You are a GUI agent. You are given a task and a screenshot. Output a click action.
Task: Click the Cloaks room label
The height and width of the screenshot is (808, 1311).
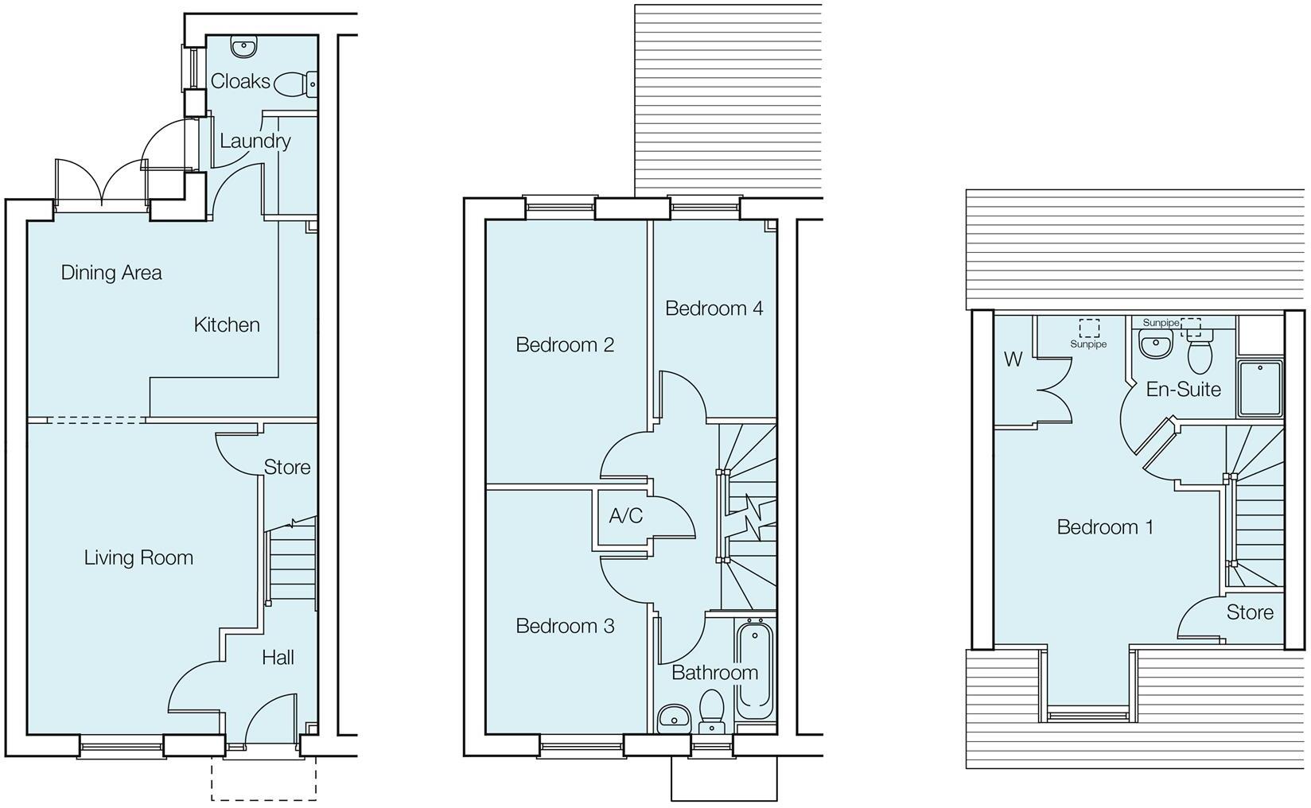pyautogui.click(x=240, y=81)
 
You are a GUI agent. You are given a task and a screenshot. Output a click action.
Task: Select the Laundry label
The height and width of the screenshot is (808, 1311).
pyautogui.click(x=255, y=142)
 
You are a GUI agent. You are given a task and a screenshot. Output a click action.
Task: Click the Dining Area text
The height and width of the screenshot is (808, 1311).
pyautogui.click(x=111, y=273)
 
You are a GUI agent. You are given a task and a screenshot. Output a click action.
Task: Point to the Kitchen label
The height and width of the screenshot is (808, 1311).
pyautogui.click(x=227, y=324)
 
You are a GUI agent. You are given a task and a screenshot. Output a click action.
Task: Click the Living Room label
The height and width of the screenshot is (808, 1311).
pyautogui.click(x=138, y=557)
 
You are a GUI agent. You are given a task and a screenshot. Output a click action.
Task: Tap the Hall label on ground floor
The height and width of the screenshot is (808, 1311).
pyautogui.click(x=278, y=657)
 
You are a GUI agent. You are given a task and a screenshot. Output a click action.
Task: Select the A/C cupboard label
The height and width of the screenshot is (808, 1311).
pyautogui.click(x=625, y=516)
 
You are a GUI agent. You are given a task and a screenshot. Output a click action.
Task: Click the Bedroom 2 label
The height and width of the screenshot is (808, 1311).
pyautogui.click(x=565, y=344)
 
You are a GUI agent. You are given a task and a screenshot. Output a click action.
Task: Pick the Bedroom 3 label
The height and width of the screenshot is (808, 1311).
pyautogui.click(x=565, y=626)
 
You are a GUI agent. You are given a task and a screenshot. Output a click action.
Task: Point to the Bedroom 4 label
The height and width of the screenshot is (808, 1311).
pyautogui.click(x=714, y=308)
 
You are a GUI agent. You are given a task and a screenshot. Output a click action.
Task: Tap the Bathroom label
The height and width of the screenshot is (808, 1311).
pyautogui.click(x=714, y=673)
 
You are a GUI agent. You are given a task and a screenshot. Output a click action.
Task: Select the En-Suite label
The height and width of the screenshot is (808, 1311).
pyautogui.click(x=1183, y=390)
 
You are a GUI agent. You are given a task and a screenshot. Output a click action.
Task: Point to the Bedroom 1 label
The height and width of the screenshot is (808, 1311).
pyautogui.click(x=1105, y=526)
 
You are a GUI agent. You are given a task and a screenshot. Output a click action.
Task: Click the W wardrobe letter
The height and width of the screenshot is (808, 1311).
pyautogui.click(x=1012, y=359)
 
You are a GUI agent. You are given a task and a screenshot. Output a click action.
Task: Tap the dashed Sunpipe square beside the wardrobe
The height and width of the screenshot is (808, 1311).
pyautogui.click(x=1089, y=328)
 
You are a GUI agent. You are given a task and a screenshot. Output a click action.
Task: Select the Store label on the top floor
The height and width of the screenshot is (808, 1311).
pyautogui.click(x=1250, y=612)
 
